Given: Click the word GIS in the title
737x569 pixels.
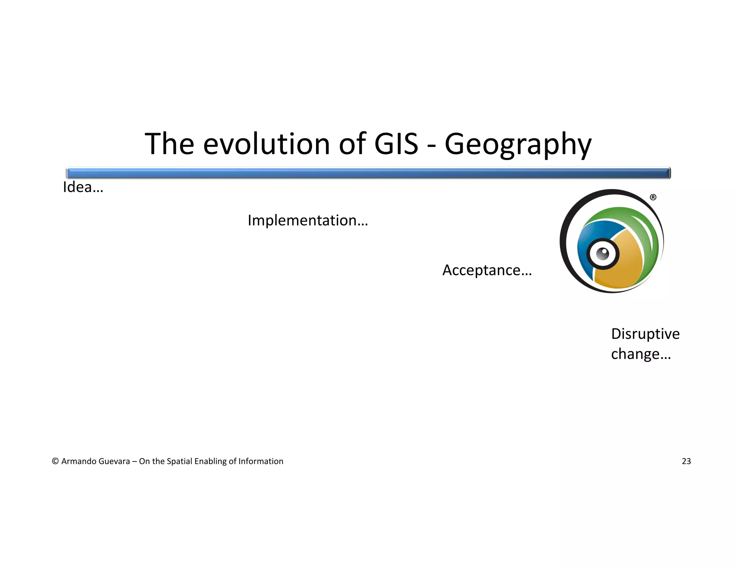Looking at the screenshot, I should (x=396, y=144).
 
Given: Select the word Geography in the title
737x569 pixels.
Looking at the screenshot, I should (x=518, y=145).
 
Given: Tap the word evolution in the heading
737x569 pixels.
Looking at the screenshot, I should (x=266, y=144).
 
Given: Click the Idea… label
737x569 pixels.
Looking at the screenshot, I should (x=83, y=187).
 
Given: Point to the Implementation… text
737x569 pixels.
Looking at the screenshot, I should (x=308, y=220).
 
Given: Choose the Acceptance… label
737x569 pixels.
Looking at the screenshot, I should (x=487, y=270).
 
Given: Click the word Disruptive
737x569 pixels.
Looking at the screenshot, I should (x=645, y=334).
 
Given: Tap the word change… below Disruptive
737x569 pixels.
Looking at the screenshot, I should (x=641, y=354).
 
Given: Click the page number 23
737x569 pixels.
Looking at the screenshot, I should (x=686, y=461).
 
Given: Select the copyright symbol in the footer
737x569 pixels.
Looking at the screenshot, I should (x=55, y=461).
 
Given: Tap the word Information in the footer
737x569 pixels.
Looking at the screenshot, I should (x=261, y=461).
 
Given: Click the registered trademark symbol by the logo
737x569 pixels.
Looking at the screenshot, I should (x=653, y=197).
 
